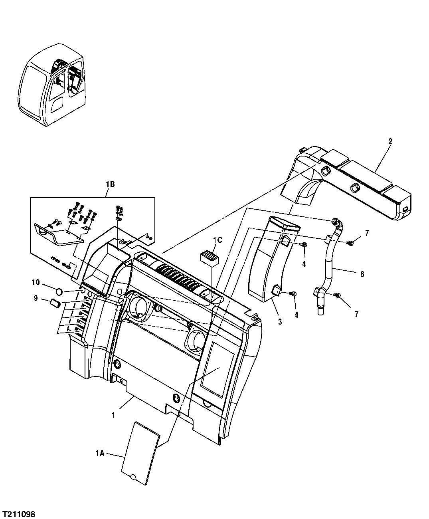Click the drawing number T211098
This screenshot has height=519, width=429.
19,512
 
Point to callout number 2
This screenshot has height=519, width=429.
390,141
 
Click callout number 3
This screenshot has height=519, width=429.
280,321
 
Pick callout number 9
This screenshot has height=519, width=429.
36,297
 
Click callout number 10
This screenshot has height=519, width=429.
36,283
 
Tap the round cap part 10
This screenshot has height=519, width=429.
58,292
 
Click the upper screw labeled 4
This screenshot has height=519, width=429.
304,244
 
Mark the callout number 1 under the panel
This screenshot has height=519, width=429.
113,415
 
